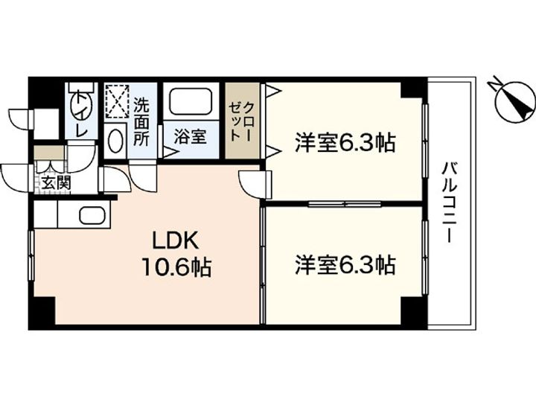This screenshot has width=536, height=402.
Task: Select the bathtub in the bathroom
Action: [x=192, y=105]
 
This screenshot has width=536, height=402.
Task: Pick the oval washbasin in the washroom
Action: [x=115, y=140]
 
